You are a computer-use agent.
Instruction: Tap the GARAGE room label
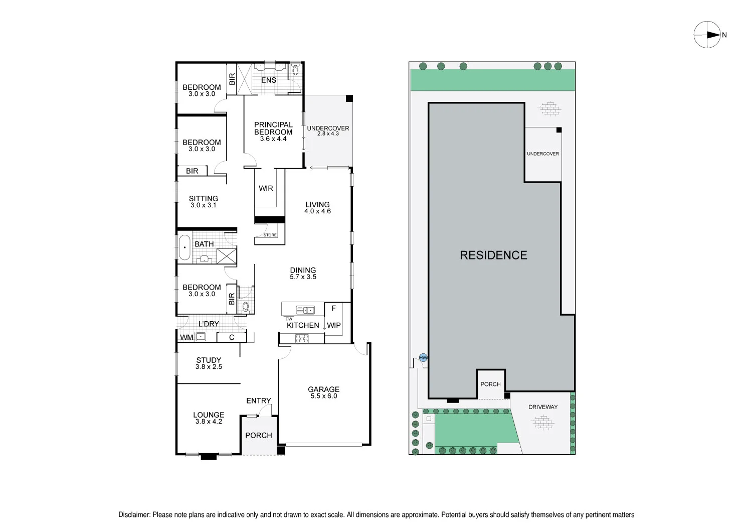[323, 389]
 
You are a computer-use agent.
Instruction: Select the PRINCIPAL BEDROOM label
[273, 128]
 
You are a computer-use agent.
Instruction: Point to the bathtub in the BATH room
[184, 247]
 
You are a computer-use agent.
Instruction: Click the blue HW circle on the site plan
[424, 358]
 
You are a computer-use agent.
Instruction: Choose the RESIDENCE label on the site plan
[493, 255]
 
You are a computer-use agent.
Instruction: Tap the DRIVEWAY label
[543, 407]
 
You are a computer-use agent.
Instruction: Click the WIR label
[266, 188]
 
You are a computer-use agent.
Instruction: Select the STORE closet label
[270, 235]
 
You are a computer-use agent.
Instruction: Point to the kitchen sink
[305, 310]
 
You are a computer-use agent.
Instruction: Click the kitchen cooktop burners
[302, 339]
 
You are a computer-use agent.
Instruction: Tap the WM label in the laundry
[186, 337]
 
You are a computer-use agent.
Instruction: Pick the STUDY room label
[209, 360]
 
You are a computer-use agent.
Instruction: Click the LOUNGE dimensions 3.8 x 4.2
[209, 422]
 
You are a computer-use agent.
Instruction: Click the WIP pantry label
[334, 325]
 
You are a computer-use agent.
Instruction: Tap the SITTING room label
[204, 198]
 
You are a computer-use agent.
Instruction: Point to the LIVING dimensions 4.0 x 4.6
[317, 211]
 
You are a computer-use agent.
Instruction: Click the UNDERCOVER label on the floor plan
[328, 128]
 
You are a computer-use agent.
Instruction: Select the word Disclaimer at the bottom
[134, 514]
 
